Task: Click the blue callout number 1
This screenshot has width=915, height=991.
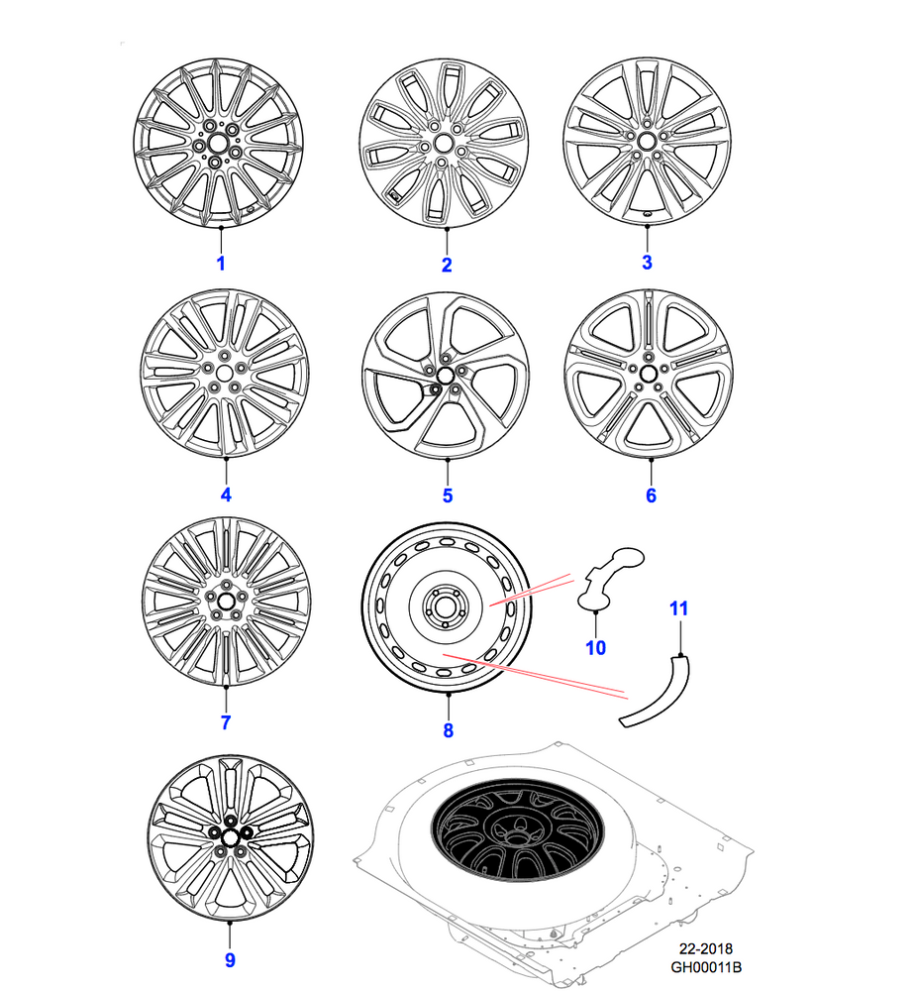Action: pos(221,264)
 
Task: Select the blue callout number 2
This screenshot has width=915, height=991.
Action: pos(447,265)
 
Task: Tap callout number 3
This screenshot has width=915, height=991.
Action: pos(647,263)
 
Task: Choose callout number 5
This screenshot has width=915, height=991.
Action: pos(447,495)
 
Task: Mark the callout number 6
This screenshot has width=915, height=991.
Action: pos(651,495)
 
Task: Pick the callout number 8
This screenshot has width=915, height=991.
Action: pos(448,730)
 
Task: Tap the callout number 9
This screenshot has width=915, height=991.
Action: pos(229,959)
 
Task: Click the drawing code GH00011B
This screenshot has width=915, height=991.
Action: pos(705,966)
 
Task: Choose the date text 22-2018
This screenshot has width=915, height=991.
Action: pos(705,948)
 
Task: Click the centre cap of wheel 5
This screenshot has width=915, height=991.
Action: pos(445,375)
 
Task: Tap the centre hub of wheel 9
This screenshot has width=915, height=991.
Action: pos(228,834)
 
